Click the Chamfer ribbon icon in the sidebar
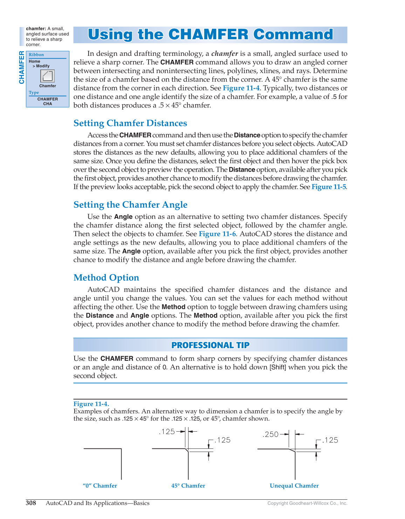coord(47,76)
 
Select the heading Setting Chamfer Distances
coord(130,123)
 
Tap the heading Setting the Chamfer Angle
coord(130,205)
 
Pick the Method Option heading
coord(106,278)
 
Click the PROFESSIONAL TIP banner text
coord(210,345)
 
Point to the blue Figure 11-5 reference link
coord(329,187)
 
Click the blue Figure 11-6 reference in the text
coord(217,234)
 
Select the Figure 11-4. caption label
coord(91,404)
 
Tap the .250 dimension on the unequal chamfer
coord(271,434)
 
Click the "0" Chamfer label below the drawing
coord(100,486)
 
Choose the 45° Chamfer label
coord(188,486)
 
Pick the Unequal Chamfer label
coord(294,486)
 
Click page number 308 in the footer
coord(31,503)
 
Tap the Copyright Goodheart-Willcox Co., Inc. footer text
coord(307,503)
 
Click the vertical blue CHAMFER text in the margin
coord(22,67)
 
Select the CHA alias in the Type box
coord(48,104)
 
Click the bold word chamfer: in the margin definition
coord(36,29)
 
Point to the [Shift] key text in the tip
coord(277,367)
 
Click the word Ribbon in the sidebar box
coord(36,55)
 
